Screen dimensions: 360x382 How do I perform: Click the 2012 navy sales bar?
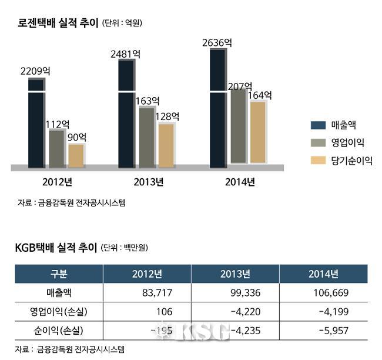36,124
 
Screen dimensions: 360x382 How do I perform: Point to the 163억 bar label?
147,101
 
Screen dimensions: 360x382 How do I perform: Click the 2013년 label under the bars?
148,181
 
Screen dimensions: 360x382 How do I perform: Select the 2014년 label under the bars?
240,181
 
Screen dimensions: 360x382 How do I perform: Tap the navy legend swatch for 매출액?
318,124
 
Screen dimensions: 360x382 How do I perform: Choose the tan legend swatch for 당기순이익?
318,160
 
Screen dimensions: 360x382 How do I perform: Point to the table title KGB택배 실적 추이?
55,248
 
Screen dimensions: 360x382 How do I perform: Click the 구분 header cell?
59,274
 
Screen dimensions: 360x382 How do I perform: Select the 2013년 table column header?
235,274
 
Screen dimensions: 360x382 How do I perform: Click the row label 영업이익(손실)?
59,311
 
